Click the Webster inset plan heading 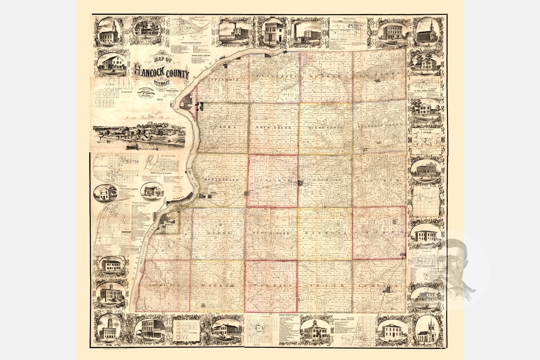pyautogui.click(x=425, y=188)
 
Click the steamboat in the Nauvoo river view pyautogui.click(x=132, y=147)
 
